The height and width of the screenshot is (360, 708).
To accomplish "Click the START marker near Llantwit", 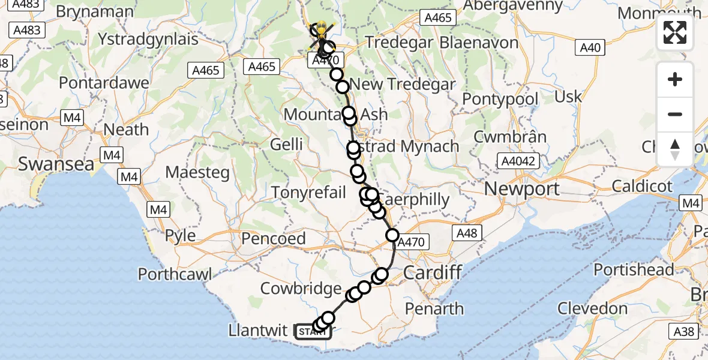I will [313, 331].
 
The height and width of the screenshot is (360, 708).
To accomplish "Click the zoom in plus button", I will [675, 79].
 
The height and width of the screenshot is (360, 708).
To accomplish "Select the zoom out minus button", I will [675, 114].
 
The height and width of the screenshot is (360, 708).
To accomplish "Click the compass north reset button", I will [675, 149].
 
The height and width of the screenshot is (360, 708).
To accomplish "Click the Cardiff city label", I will [432, 272].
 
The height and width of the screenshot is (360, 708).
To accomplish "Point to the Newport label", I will [521, 189].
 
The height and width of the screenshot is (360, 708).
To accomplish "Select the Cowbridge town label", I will [301, 289].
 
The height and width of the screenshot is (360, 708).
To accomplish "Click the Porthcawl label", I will [175, 274].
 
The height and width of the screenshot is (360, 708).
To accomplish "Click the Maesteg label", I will [197, 173].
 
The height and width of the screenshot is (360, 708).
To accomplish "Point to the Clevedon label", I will [592, 309].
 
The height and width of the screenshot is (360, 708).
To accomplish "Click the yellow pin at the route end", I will [322, 28].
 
